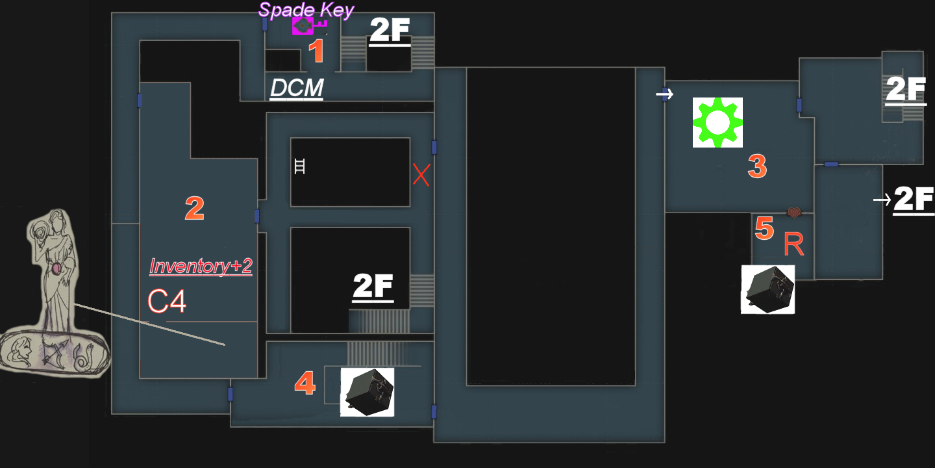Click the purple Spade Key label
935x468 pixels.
(306, 10)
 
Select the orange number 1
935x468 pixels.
(316, 51)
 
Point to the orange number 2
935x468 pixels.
(194, 209)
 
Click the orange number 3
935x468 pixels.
(757, 167)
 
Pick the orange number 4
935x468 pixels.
(305, 384)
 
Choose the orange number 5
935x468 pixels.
(764, 229)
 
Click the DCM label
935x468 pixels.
(297, 89)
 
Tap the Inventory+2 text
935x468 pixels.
(201, 266)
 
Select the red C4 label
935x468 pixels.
(167, 302)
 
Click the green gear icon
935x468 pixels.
(717, 122)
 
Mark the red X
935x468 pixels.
(421, 175)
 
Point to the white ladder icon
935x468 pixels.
(299, 166)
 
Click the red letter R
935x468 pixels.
(793, 244)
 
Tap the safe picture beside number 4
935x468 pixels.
(367, 392)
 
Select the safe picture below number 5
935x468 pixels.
(768, 289)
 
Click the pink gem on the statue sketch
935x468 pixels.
(56, 268)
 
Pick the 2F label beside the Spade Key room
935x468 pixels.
(390, 31)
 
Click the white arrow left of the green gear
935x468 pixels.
(664, 94)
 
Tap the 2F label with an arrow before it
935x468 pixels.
(914, 200)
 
